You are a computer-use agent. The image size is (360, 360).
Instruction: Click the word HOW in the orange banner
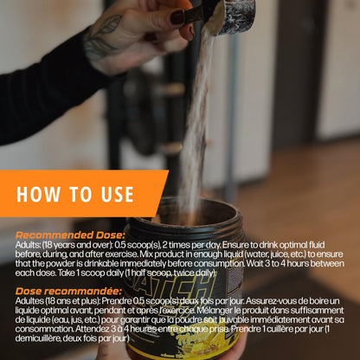(x=38, y=194)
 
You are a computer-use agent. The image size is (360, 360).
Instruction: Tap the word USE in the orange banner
(x=118, y=194)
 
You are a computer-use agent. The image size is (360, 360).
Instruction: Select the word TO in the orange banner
(x=80, y=194)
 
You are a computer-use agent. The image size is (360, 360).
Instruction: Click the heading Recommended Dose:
(x=70, y=235)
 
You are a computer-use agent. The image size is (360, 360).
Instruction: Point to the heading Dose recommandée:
(x=68, y=291)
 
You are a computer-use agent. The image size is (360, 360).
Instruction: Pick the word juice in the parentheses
(x=276, y=254)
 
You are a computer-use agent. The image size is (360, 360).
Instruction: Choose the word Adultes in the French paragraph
(x=29, y=301)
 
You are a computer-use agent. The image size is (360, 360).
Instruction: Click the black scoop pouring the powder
(x=231, y=15)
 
